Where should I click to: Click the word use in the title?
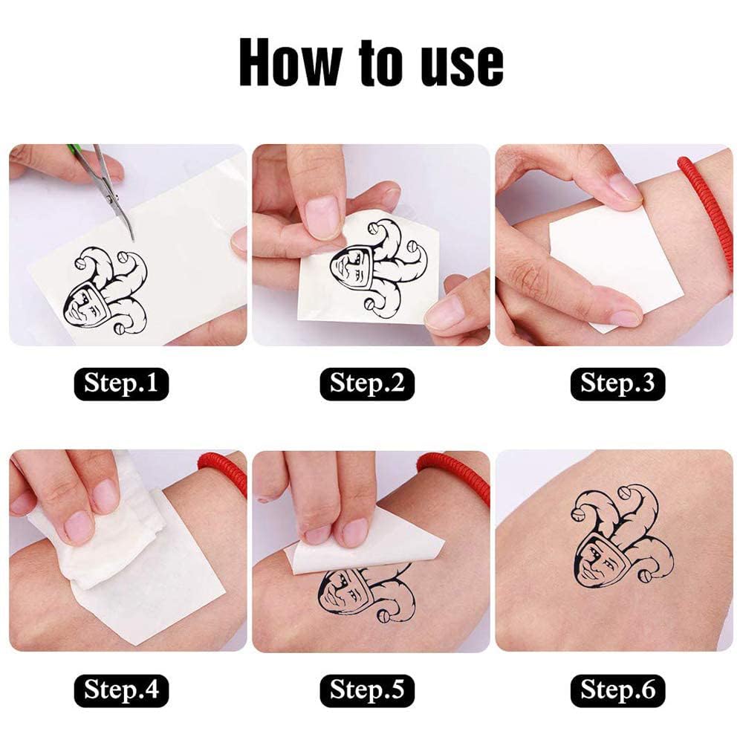458,65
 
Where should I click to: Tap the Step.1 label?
120,383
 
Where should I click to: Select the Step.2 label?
366,383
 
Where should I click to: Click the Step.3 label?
617,383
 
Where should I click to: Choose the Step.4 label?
120,690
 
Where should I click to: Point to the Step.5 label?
366,690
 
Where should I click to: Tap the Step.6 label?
617,690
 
